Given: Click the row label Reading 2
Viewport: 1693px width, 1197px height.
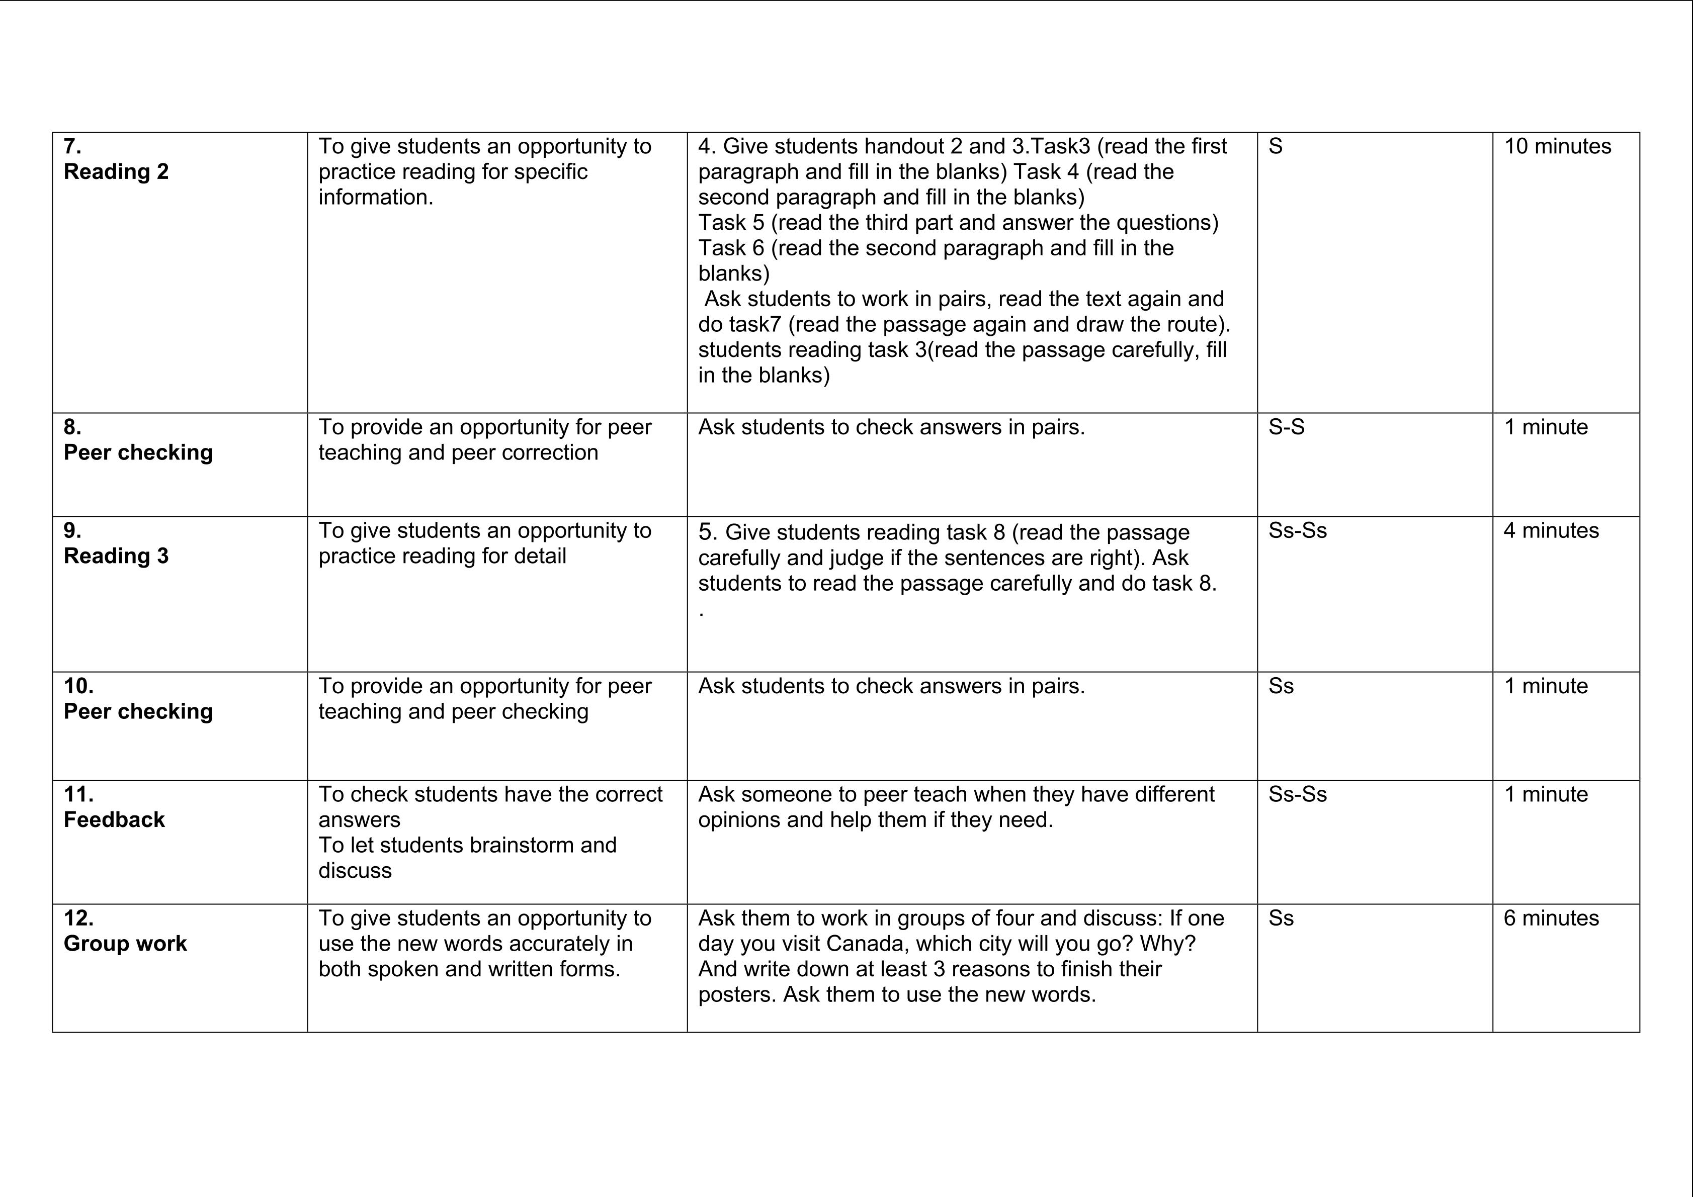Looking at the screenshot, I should pyautogui.click(x=116, y=172).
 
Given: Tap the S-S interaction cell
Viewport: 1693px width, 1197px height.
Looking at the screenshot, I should pyautogui.click(x=1286, y=427).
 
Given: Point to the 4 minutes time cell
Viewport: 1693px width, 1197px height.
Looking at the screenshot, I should pyautogui.click(x=1551, y=531).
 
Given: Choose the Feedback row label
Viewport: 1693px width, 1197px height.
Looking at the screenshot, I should pyautogui.click(x=114, y=819).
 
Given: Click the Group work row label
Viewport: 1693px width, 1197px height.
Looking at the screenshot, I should pyautogui.click(x=125, y=944).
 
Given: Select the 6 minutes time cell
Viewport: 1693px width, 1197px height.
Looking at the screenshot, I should pyautogui.click(x=1551, y=918).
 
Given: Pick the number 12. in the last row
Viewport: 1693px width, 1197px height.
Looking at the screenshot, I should pyautogui.click(x=78, y=918).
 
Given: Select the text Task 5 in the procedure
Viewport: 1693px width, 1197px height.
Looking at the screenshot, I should pyautogui.click(x=731, y=223).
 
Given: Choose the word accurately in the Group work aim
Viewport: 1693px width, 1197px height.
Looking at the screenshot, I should pyautogui.click(x=534, y=944).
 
